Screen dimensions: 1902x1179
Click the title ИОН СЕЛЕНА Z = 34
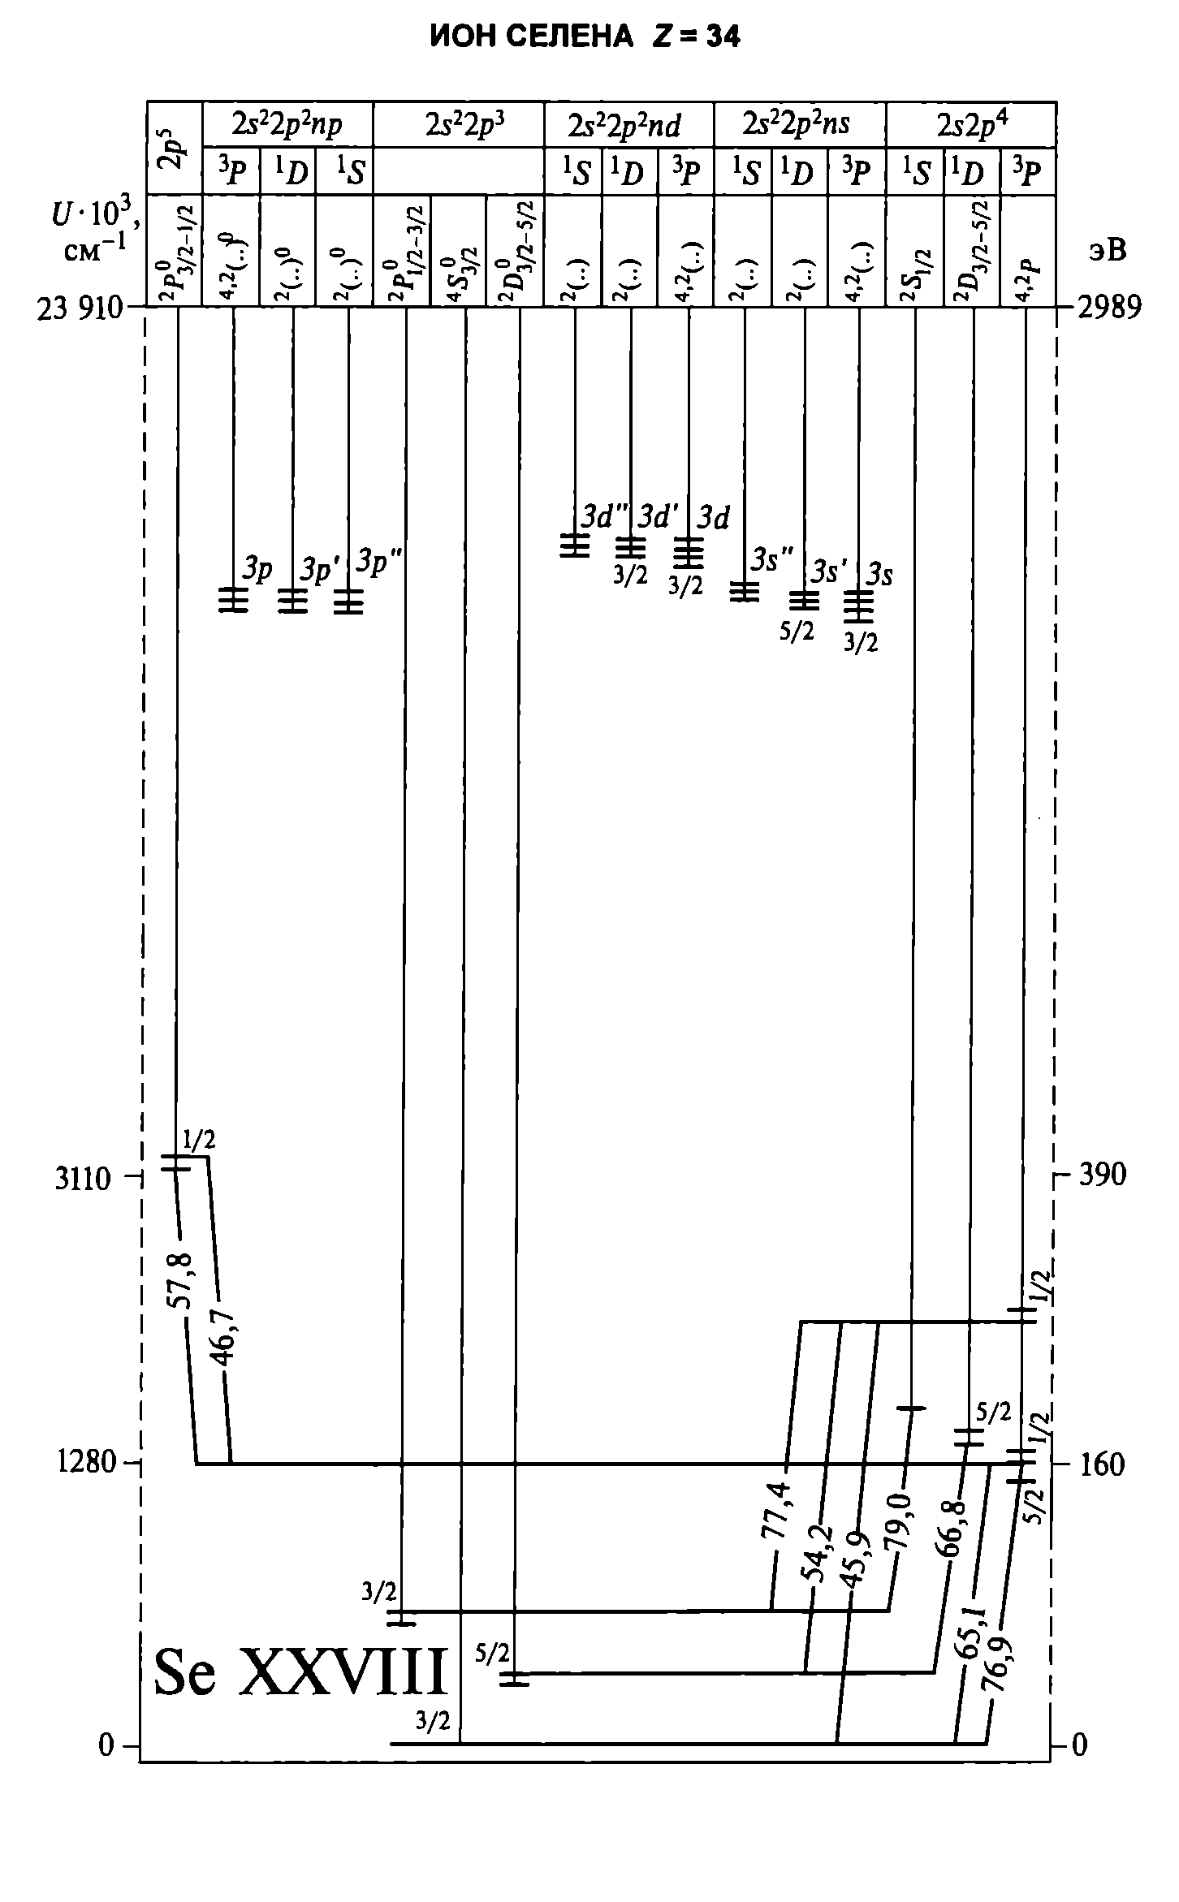[x=585, y=37]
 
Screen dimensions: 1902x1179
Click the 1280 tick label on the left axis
[x=84, y=1464]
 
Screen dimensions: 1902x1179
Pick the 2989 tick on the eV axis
[x=1108, y=308]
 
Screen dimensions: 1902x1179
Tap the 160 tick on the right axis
[x=1100, y=1464]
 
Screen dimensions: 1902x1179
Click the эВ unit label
[x=1106, y=251]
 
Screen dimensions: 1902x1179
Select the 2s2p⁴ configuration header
[x=972, y=124]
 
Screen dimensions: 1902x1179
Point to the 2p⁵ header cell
[x=174, y=148]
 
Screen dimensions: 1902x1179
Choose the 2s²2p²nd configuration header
[x=624, y=124]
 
